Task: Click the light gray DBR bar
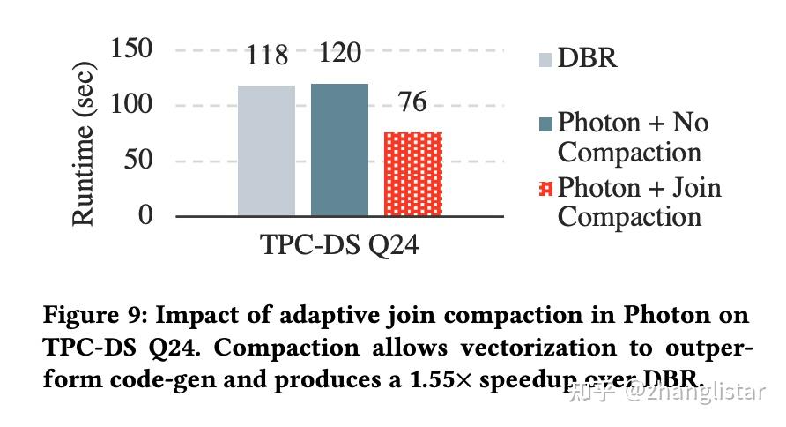click(266, 150)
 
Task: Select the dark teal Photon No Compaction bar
click(339, 149)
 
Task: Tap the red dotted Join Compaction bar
click(412, 173)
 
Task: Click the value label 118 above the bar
click(267, 56)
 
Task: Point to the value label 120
click(339, 53)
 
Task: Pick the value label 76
click(412, 102)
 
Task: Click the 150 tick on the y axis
click(132, 49)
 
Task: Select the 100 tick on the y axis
click(132, 105)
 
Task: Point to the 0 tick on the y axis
click(145, 215)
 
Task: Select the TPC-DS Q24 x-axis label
click(339, 244)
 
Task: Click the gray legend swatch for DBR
click(545, 60)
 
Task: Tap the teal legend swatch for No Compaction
click(545, 124)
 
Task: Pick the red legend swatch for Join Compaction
click(545, 189)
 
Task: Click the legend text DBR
click(588, 58)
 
